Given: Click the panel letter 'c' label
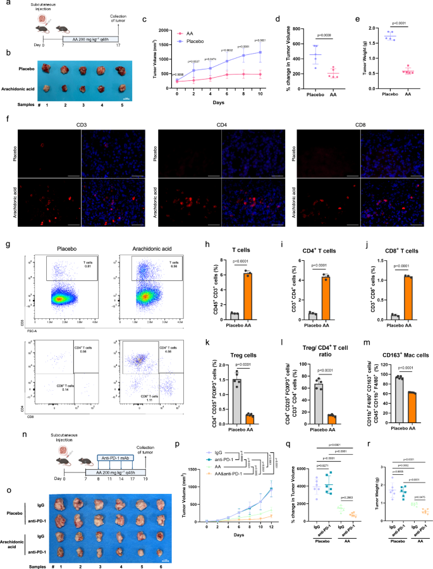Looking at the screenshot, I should pos(145,20).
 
